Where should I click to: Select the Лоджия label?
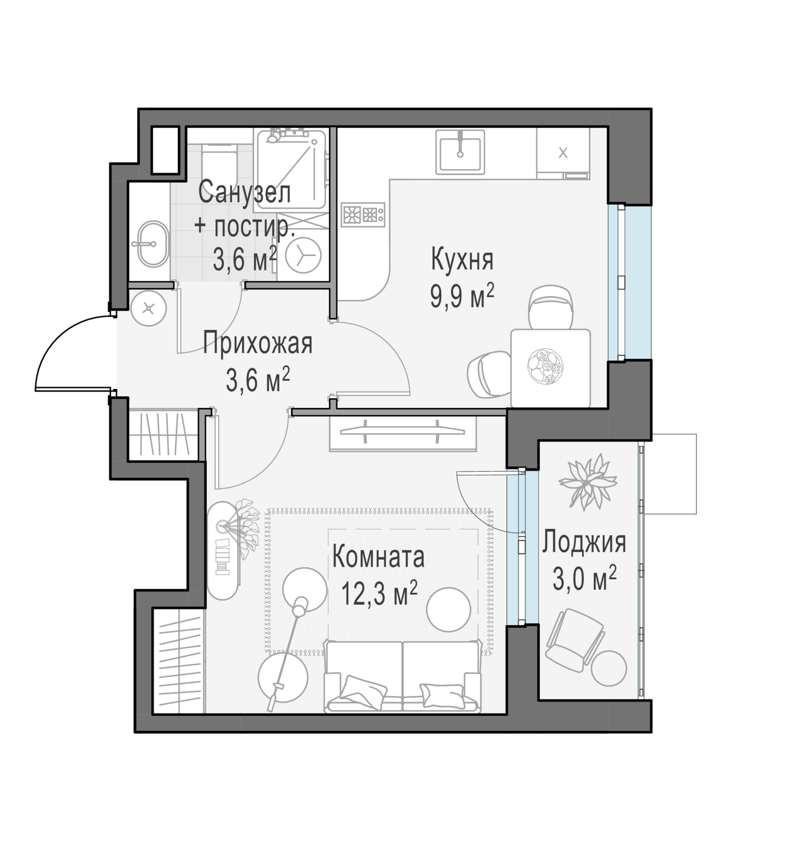pyautogui.click(x=584, y=543)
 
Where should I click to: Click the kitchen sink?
pyautogui.click(x=460, y=152)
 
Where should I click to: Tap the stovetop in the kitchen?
pyautogui.click(x=363, y=214)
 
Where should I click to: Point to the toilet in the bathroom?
pyautogui.click(x=219, y=163)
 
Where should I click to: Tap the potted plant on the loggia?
pyautogui.click(x=587, y=482)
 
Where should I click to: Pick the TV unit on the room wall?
pyautogui.click(x=402, y=433)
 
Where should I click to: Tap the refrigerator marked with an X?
pyautogui.click(x=563, y=153)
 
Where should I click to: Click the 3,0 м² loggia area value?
pyautogui.click(x=584, y=578)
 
